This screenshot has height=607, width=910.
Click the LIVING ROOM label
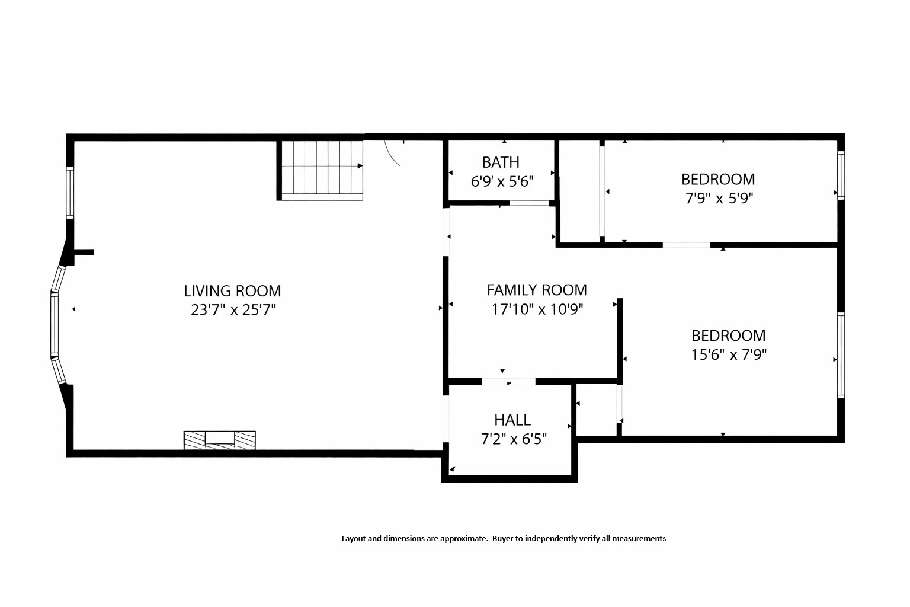(232, 291)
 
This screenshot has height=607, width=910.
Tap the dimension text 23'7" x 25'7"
(233, 310)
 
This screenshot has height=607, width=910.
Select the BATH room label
(501, 162)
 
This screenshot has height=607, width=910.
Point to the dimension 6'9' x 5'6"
(502, 181)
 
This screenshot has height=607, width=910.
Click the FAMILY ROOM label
(537, 290)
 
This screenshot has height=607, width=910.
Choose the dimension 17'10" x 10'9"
(537, 309)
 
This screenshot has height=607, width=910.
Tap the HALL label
(512, 420)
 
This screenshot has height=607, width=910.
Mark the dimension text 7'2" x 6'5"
(513, 439)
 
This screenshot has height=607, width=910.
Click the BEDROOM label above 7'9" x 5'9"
(717, 179)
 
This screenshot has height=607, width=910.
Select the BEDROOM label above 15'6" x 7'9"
(728, 336)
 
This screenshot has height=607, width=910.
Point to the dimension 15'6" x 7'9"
(729, 354)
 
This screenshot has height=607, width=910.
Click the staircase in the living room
(321, 168)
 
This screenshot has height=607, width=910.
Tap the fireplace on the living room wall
(219, 439)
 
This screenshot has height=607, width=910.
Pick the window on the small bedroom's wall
(840, 175)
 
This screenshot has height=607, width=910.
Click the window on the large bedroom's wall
(840, 355)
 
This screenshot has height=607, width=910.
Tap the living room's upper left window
(70, 193)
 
